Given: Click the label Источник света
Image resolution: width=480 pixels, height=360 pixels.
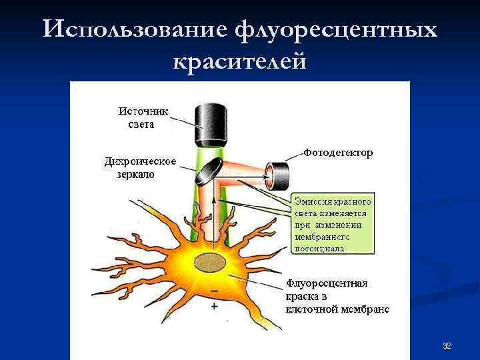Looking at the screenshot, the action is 143,117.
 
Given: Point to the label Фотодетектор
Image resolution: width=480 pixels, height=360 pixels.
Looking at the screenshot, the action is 338,153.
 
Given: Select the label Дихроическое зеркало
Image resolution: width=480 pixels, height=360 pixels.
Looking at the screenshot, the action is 140,168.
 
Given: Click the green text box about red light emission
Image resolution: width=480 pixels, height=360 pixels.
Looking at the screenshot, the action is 333,224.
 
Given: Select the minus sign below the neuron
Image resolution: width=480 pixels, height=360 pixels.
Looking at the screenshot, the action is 214,292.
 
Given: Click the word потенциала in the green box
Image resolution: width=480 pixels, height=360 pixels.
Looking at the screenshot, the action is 319,248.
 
